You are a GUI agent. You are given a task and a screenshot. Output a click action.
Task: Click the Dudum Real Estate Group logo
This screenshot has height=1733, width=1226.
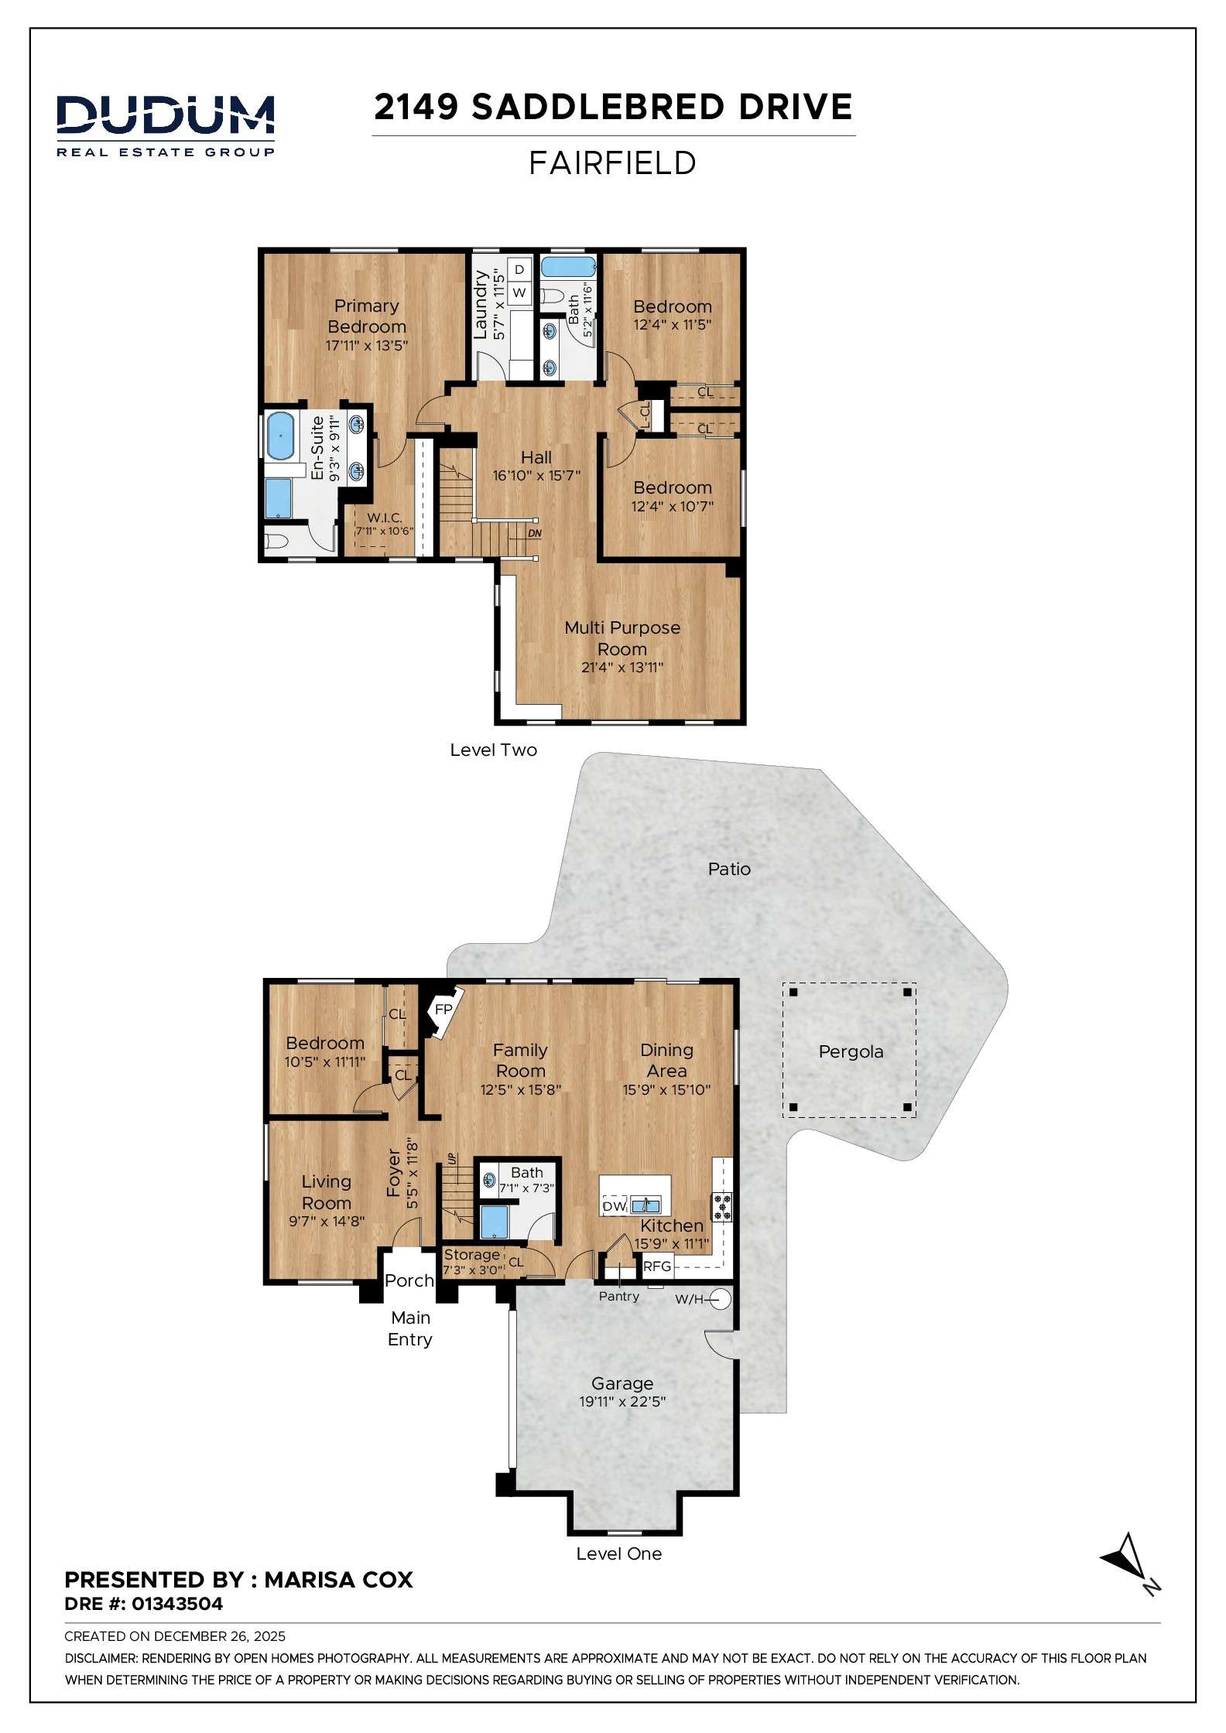165,125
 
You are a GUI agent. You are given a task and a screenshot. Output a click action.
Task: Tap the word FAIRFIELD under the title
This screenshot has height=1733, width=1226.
612,163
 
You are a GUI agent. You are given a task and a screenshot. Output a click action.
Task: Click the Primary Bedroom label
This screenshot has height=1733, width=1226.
366,316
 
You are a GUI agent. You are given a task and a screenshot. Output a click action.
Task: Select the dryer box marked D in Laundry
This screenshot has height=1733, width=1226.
519,269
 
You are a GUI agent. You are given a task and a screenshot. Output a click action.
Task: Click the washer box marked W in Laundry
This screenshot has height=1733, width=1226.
519,292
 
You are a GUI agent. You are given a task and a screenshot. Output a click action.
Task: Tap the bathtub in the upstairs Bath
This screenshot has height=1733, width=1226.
568,268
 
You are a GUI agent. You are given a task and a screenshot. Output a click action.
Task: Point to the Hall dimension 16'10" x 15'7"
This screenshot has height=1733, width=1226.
536,476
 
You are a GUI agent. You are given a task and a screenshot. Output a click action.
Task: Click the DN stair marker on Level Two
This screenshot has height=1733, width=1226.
535,533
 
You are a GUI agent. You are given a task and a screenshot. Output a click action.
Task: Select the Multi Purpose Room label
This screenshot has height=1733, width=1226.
622,638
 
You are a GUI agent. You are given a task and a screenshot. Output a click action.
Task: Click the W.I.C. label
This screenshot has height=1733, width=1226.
385,518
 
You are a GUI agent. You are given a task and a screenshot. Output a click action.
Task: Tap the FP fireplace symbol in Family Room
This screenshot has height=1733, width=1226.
443,1010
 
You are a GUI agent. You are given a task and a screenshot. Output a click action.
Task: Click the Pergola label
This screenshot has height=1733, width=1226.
851,1051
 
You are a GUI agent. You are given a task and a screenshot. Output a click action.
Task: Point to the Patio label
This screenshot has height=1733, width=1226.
729,869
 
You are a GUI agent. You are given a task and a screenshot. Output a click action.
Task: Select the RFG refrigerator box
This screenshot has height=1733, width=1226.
657,1266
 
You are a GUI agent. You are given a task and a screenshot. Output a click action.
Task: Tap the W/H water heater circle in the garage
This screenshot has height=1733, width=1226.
721,1299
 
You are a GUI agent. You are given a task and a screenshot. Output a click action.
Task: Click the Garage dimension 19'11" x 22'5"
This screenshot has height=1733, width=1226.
622,1401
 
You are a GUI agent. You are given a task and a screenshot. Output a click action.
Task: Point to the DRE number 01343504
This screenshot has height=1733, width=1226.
177,1604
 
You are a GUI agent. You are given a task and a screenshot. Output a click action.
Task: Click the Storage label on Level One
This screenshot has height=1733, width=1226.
471,1254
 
